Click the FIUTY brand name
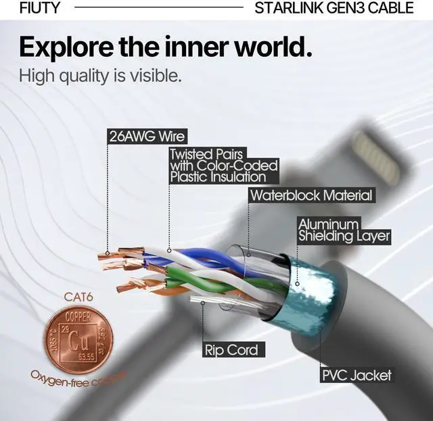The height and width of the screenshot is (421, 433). pyautogui.click(x=40, y=8)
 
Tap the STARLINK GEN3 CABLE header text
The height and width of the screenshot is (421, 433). pyautogui.click(x=334, y=8)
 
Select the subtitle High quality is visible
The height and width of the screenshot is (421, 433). pyautogui.click(x=100, y=76)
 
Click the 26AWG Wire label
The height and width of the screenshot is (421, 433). pyautogui.click(x=147, y=136)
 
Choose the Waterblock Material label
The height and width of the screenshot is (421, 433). pyautogui.click(x=311, y=196)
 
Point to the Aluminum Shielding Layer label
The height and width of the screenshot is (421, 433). pyautogui.click(x=344, y=230)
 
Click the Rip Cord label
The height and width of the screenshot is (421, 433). pyautogui.click(x=231, y=350)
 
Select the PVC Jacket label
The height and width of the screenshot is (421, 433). pyautogui.click(x=356, y=375)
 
